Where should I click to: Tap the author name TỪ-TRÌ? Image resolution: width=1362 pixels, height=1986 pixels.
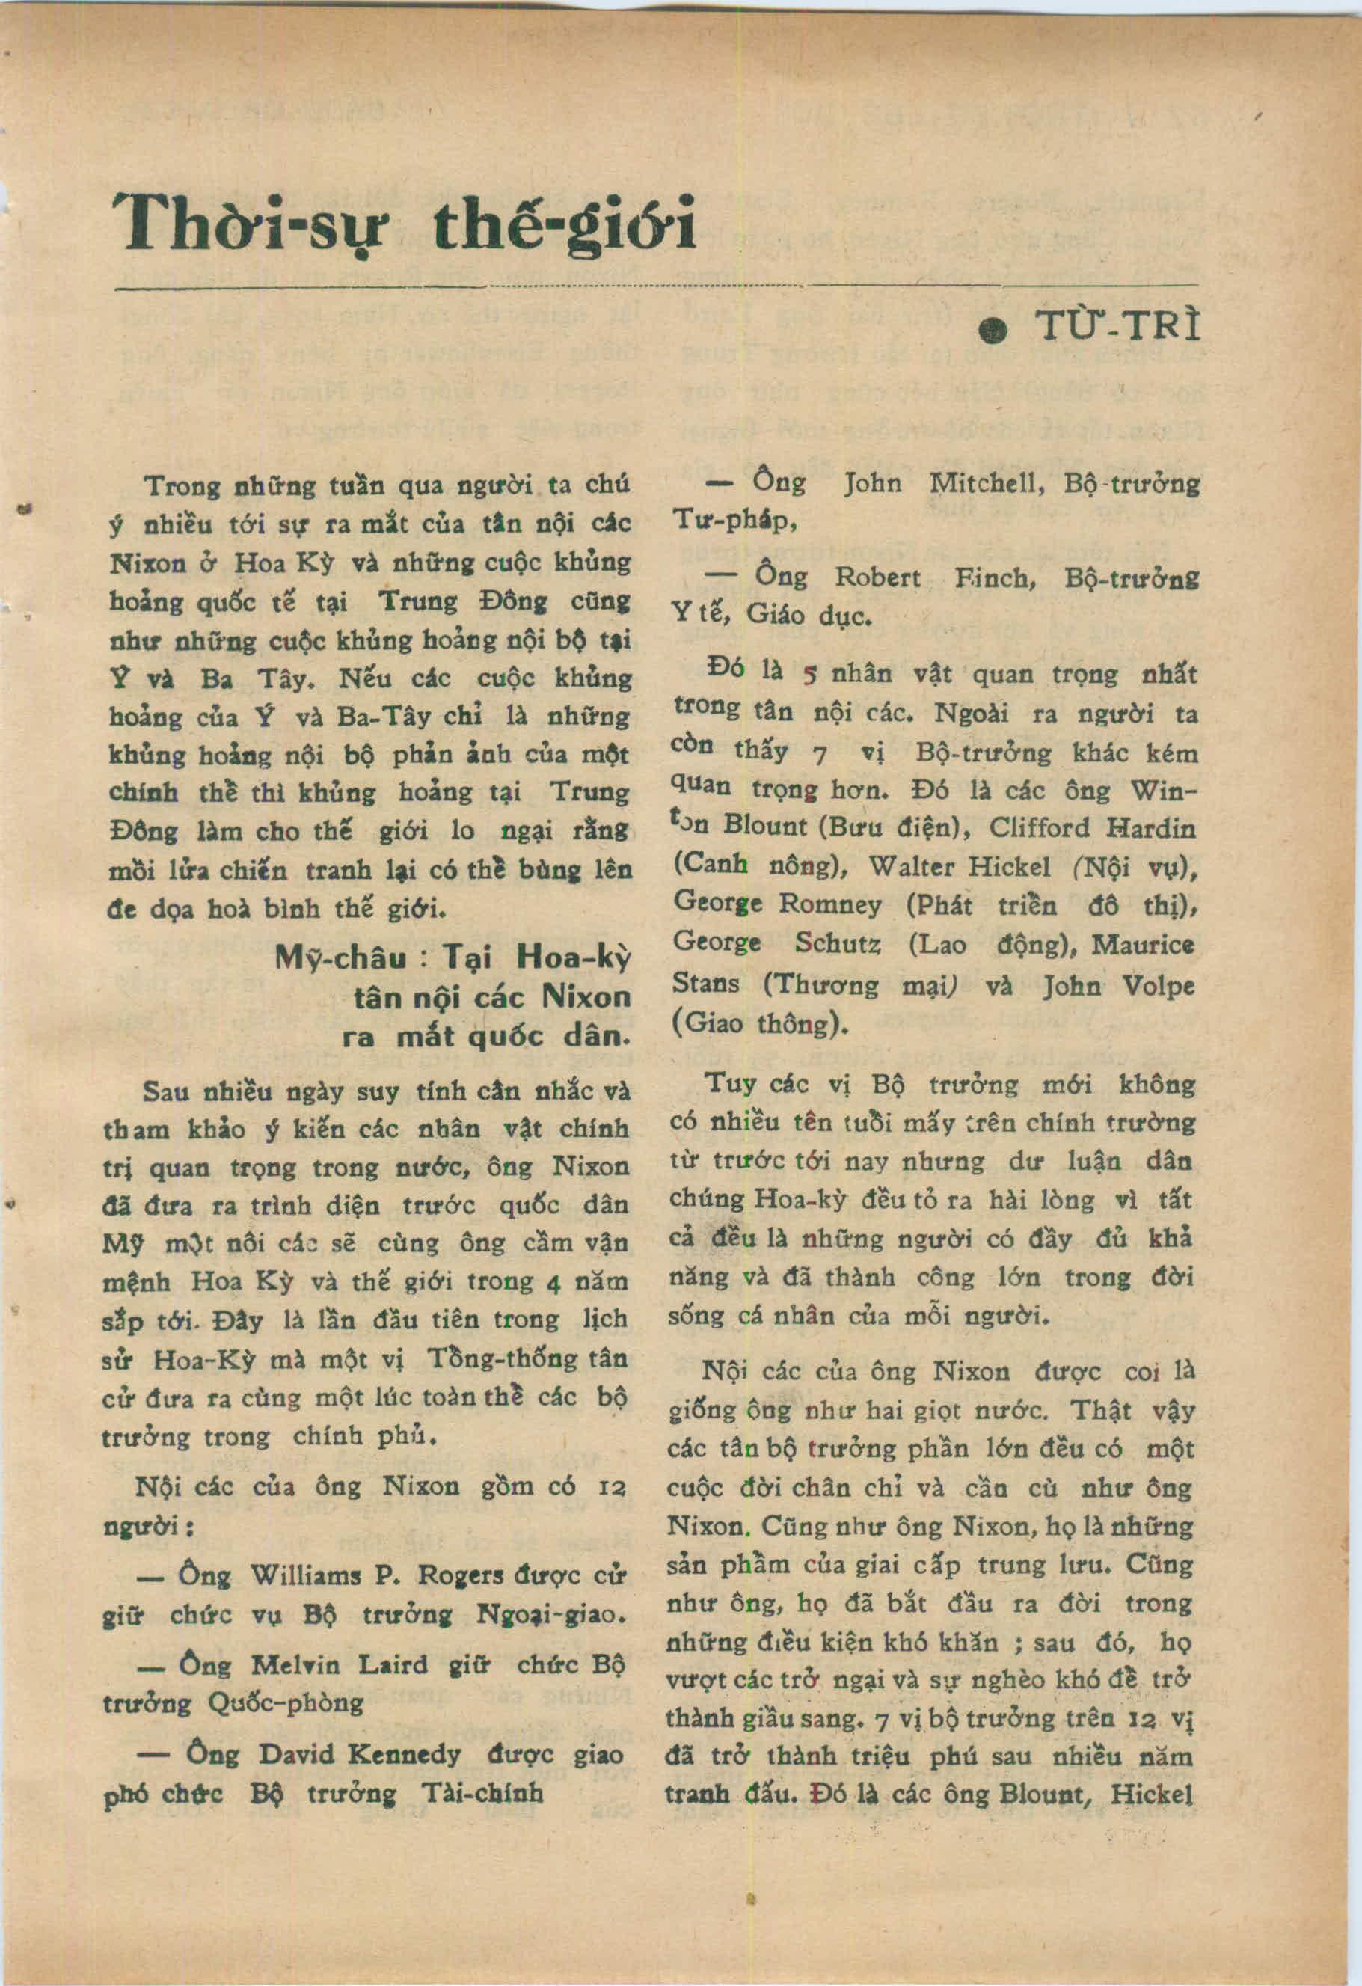click(x=1116, y=328)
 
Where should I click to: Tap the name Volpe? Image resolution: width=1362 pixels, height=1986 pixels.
click(x=1156, y=985)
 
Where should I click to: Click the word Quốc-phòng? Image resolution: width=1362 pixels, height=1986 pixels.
click(x=286, y=1703)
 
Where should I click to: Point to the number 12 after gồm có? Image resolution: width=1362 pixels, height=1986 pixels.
click(x=613, y=1488)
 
